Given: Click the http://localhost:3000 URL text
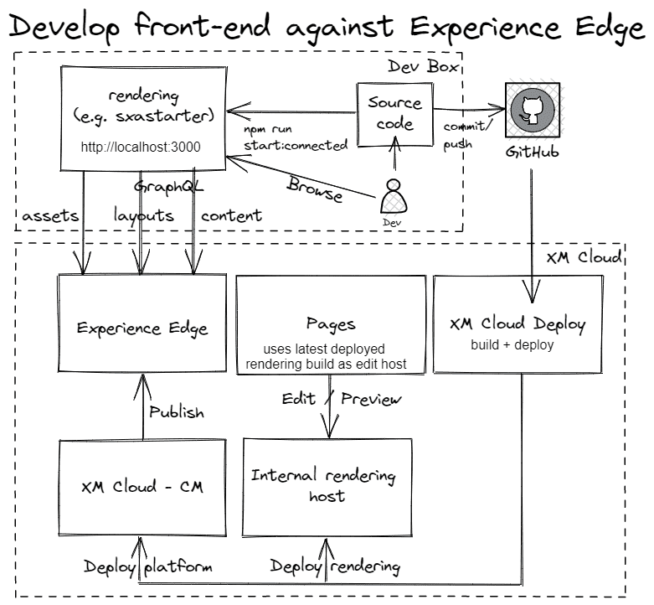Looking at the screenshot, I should point(141,147).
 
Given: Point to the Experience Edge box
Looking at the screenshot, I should point(142,328).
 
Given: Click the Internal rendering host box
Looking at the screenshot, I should point(327,486).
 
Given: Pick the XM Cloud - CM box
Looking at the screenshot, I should point(142,487).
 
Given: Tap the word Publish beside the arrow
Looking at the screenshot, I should point(177,412).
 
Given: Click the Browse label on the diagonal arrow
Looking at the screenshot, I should point(314,189).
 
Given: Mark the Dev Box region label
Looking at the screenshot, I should point(425,66).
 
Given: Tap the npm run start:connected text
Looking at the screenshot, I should point(295,138).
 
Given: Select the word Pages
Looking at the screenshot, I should point(331,323).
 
